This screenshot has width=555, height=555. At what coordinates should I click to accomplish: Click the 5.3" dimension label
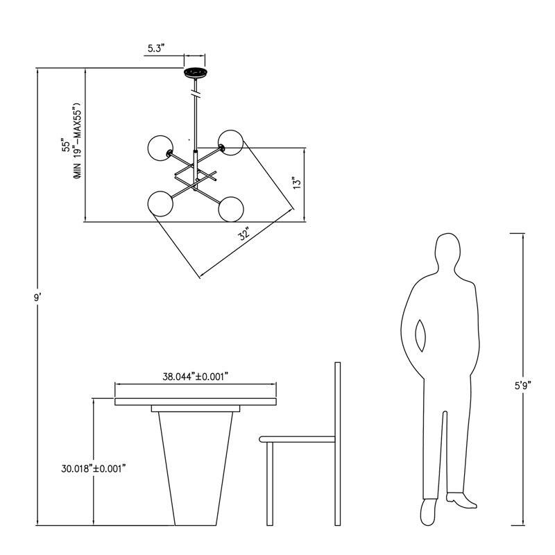(x=157, y=49)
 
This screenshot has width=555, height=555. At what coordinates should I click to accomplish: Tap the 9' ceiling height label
(x=37, y=298)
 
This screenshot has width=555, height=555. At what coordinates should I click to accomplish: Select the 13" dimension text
(x=298, y=182)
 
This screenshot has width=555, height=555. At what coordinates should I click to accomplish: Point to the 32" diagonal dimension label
(x=244, y=234)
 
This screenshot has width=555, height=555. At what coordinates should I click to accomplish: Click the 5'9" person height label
(x=524, y=386)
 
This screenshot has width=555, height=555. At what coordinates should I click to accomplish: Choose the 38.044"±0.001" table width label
(x=195, y=377)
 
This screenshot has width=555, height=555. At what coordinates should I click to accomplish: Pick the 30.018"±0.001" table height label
(x=94, y=469)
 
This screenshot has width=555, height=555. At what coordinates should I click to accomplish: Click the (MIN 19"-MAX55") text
(x=78, y=141)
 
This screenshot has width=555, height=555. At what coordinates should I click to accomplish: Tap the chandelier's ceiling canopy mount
(x=195, y=73)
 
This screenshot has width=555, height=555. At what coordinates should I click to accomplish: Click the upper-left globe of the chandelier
(x=161, y=148)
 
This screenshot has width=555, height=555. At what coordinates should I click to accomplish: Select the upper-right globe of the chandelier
(x=230, y=143)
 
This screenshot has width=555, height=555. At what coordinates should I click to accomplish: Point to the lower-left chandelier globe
(x=161, y=203)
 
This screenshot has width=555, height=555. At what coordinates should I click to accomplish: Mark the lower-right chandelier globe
(x=231, y=210)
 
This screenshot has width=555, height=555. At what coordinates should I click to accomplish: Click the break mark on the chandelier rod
(x=196, y=95)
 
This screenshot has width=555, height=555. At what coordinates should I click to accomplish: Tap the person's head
(x=447, y=251)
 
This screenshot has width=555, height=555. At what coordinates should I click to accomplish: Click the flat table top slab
(x=196, y=402)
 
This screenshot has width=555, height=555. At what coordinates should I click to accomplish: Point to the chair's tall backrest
(x=338, y=444)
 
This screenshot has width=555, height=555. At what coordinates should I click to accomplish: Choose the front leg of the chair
(x=270, y=484)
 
